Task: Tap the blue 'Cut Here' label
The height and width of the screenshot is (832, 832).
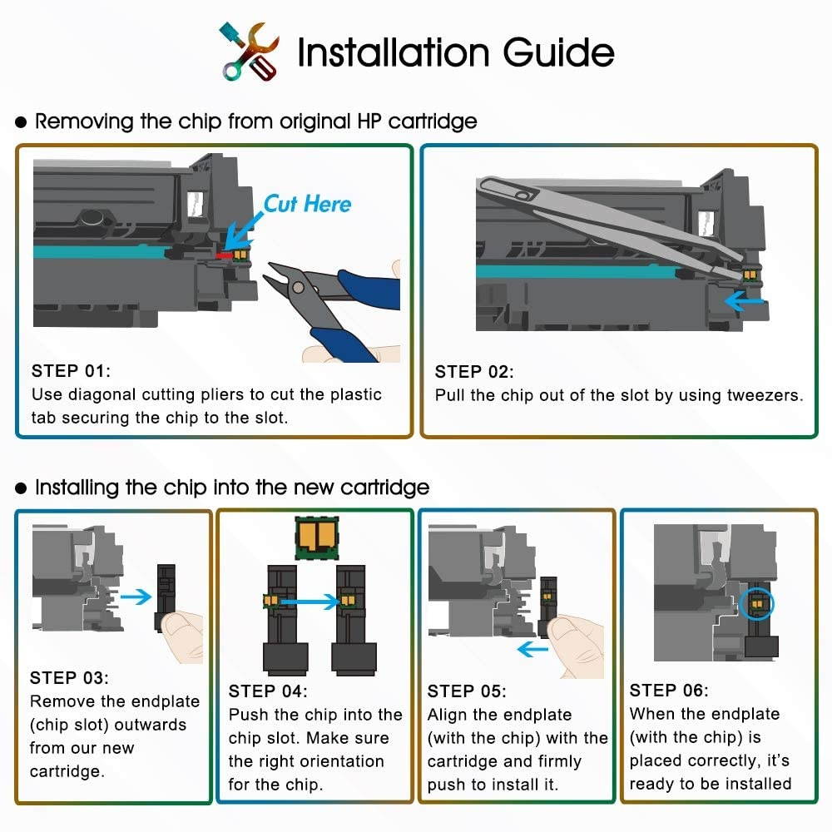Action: click(x=307, y=204)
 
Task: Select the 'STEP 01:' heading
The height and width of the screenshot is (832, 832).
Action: click(x=71, y=370)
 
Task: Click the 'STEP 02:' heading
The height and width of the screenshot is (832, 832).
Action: click(x=474, y=371)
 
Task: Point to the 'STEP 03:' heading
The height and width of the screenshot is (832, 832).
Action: click(x=69, y=678)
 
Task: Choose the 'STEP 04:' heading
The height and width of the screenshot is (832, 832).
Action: click(x=268, y=691)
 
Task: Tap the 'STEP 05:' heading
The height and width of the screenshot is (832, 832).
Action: click(x=467, y=691)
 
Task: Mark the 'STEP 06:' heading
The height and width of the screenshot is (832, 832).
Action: click(x=669, y=690)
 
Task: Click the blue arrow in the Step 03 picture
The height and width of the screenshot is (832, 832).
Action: click(x=136, y=595)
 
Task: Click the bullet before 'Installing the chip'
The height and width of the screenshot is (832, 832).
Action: click(x=22, y=487)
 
